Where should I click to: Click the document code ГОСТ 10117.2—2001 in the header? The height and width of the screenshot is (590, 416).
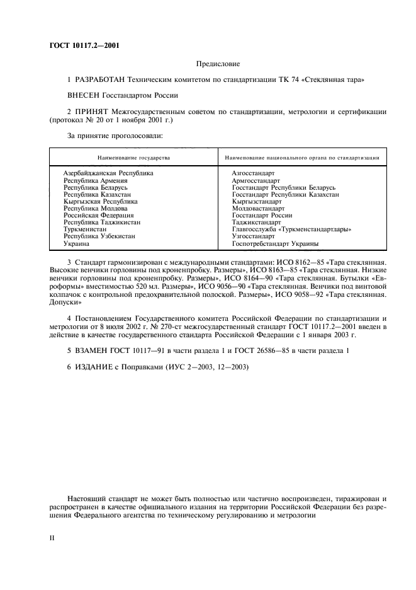click(84, 45)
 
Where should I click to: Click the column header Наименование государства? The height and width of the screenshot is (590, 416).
click(133, 157)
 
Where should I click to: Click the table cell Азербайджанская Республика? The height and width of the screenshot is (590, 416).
click(108, 173)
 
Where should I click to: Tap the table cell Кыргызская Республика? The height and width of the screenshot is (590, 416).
click(100, 201)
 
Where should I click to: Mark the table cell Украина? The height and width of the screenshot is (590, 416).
click(76, 243)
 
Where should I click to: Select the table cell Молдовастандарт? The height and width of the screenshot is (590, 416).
click(258, 208)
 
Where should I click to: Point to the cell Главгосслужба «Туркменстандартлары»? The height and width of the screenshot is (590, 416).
click(291, 229)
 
